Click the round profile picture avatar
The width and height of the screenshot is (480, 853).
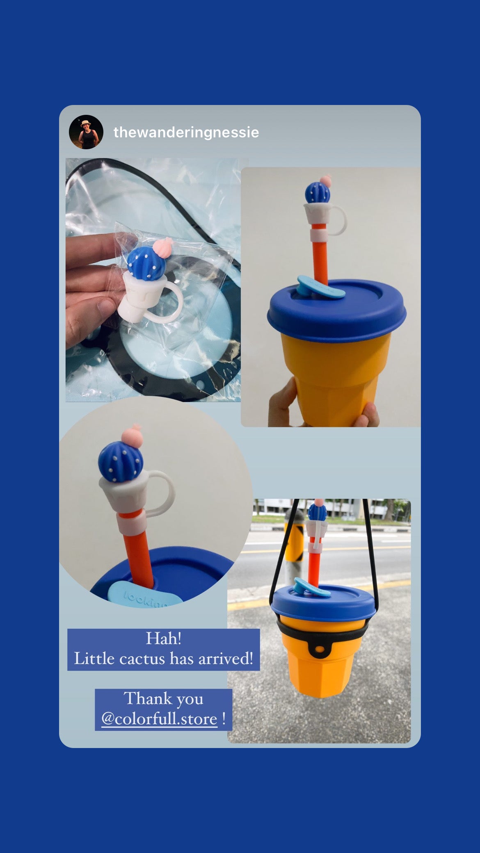pyautogui.click(x=86, y=132)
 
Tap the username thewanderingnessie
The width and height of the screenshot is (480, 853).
pyautogui.click(x=186, y=132)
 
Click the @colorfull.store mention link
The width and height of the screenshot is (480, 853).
pyautogui.click(x=159, y=719)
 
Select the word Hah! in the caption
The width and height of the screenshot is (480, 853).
pyautogui.click(x=164, y=639)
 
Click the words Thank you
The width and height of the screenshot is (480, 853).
pyautogui.click(x=163, y=699)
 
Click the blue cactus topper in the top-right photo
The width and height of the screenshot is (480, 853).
pyautogui.click(x=317, y=192)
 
